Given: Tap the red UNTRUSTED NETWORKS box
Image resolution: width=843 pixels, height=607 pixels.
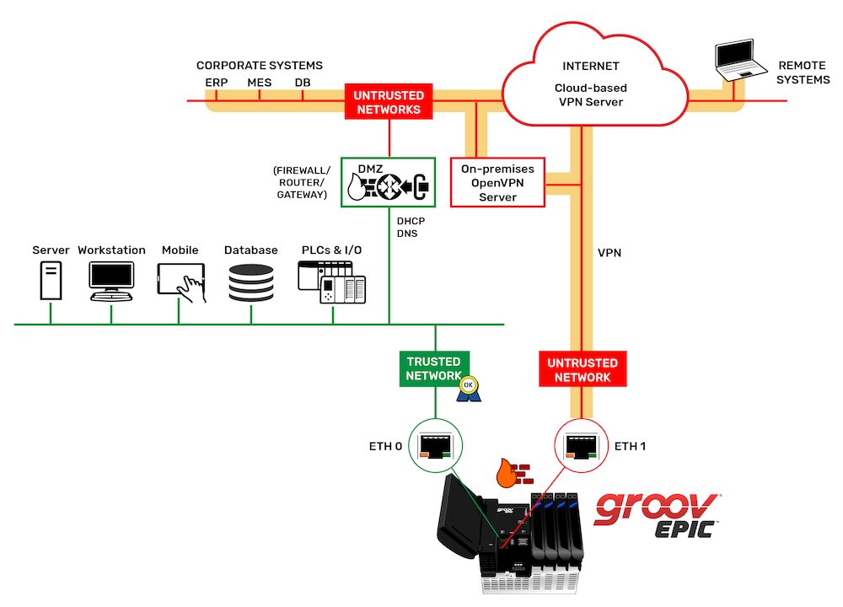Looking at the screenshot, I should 389,102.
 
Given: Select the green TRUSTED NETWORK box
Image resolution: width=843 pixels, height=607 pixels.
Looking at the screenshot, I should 433,368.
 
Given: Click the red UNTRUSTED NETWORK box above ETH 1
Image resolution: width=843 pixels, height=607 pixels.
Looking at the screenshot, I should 583,369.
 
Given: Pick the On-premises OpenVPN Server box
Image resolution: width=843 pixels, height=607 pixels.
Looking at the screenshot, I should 497,182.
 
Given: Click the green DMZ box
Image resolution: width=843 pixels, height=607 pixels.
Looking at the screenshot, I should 388,181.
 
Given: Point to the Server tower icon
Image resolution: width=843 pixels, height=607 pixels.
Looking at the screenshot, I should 51,281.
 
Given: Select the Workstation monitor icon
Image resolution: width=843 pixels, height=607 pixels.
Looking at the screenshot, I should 111,281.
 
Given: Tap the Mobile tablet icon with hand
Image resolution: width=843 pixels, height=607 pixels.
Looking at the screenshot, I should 180,282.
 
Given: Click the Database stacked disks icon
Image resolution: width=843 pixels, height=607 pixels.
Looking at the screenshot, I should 251,282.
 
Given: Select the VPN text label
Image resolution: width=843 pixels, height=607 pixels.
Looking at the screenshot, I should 609,252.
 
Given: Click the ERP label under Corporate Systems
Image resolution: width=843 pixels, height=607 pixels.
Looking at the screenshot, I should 216,83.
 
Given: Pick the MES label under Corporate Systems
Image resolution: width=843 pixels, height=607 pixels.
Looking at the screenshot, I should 259,83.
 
